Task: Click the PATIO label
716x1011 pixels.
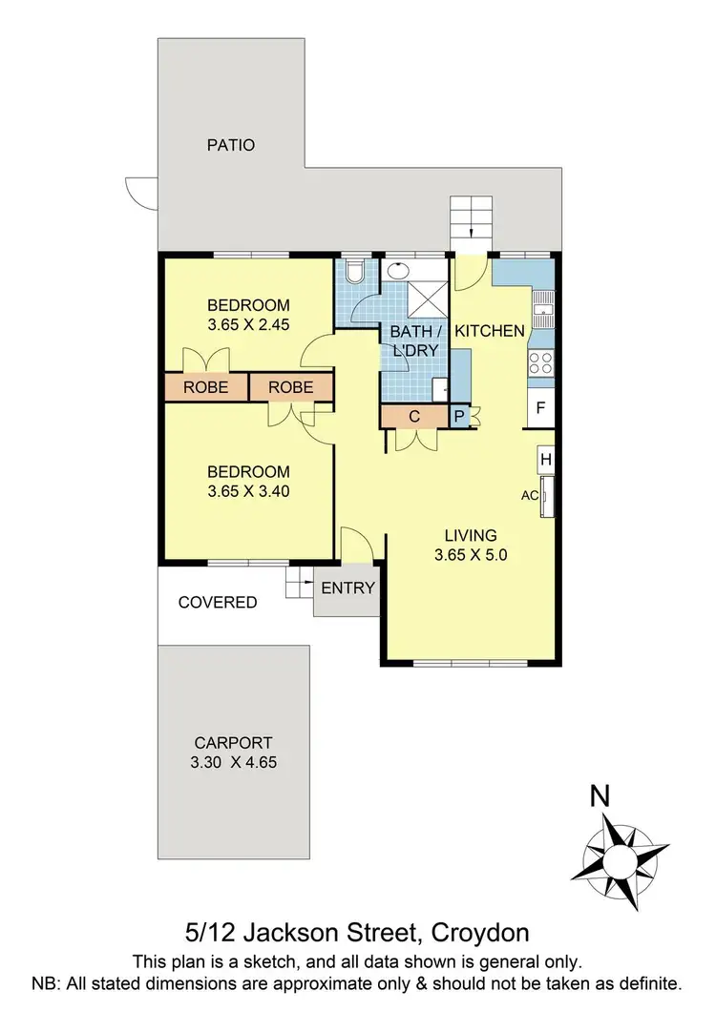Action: coord(231,146)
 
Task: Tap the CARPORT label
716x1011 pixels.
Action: coord(233,743)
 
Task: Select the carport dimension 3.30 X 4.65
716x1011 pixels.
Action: coord(233,762)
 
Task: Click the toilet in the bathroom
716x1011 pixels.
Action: coord(355,274)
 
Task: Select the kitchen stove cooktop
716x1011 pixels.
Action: coord(540,361)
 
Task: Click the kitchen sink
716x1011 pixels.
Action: coord(544,304)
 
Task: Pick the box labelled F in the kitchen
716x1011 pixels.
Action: coord(540,408)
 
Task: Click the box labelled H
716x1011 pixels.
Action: coord(546,459)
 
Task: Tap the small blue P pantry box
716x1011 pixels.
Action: coord(458,417)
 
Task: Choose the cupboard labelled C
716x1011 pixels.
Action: coord(414,417)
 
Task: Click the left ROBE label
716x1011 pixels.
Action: coord(205,387)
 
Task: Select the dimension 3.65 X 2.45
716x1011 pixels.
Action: coord(248,323)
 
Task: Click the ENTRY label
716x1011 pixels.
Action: coord(347,588)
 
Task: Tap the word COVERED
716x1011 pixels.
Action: coord(218,602)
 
